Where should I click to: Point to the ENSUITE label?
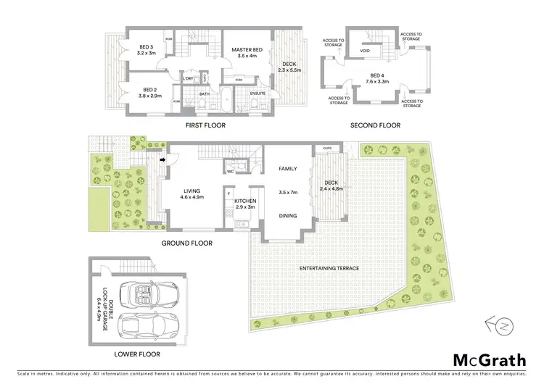pos(257,93)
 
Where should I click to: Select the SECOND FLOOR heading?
pos(375,125)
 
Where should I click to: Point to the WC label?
pos(230,172)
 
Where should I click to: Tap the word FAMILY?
pos(289,168)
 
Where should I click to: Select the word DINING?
pos(289,215)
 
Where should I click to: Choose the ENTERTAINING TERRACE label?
pos(329,269)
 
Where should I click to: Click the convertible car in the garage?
pos(141,293)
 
